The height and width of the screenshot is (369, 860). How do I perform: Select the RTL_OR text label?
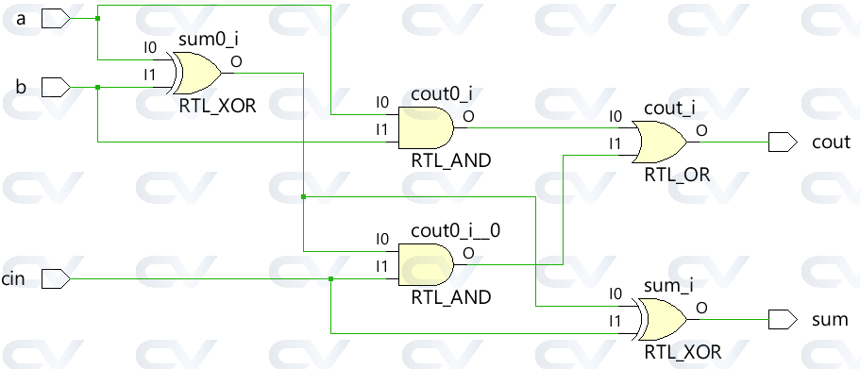[677, 175]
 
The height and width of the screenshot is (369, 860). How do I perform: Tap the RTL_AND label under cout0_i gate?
[450, 160]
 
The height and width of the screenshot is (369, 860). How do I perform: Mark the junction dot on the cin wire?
[330, 278]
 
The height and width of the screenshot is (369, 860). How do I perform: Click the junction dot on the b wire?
[98, 88]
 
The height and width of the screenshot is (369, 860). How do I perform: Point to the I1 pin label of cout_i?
[615, 144]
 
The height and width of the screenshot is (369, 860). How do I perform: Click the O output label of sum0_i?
[235, 61]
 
